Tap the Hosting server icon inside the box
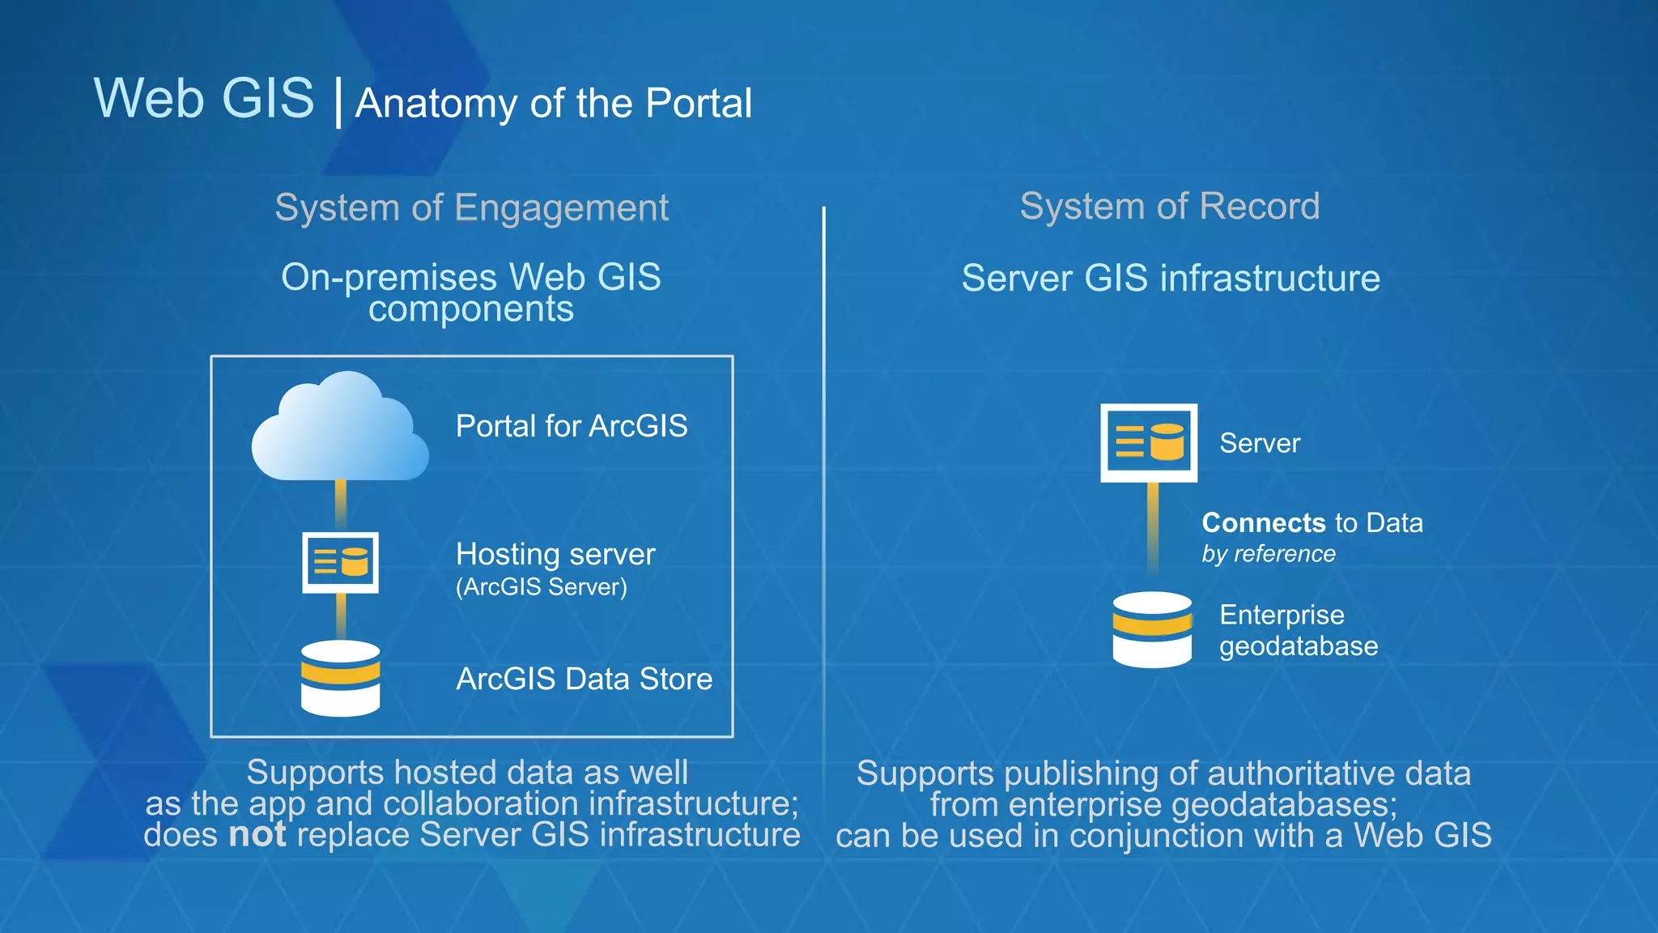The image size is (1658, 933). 340,562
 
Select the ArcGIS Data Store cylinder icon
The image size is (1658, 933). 340,679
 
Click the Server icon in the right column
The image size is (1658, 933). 1149,442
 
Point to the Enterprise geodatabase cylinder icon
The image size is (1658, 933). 1152,630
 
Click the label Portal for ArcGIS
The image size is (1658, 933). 571,426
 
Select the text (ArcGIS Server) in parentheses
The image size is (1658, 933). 541,587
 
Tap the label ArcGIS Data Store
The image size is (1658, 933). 584,679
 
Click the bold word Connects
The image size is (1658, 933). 1263,523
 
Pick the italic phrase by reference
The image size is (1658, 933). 1268,554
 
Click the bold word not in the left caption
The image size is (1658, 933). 257,835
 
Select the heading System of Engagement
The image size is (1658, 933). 471,207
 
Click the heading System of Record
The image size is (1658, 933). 1169,206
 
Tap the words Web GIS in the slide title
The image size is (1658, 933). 204,99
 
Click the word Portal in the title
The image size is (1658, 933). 699,104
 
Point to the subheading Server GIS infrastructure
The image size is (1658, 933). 1170,279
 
